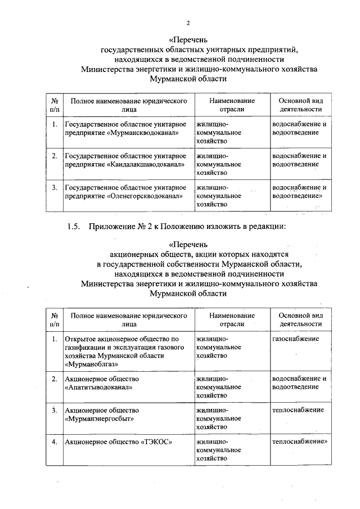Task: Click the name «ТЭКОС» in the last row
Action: point(155,442)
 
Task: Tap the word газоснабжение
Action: point(295,339)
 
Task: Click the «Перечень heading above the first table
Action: point(188,39)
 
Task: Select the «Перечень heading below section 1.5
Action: point(188,245)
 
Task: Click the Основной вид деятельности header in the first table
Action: point(300,105)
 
